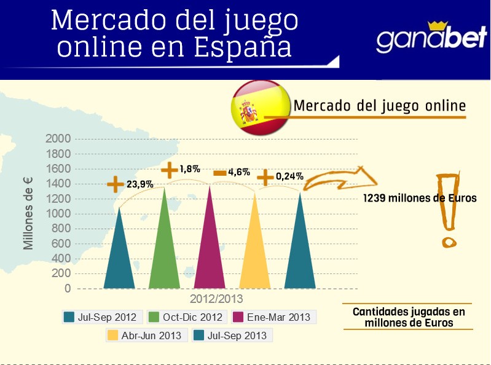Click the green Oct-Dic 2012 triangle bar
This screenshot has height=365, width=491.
[165, 252]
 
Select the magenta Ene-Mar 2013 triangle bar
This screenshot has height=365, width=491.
[210, 252]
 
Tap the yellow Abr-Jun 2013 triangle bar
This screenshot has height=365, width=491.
[254, 252]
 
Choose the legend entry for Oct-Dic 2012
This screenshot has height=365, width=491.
[186, 317]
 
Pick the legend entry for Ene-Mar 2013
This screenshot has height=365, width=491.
[274, 317]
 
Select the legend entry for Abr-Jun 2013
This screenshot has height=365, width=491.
[146, 336]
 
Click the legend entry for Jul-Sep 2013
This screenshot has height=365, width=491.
[232, 336]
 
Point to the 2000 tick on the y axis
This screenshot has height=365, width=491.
[58, 138]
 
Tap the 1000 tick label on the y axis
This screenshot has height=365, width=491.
[58, 213]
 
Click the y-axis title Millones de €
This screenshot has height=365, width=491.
[28, 214]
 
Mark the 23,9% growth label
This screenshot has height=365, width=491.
[139, 184]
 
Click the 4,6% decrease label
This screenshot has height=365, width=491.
[239, 173]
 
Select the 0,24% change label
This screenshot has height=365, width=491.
[289, 176]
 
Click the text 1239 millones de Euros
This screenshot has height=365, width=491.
[420, 198]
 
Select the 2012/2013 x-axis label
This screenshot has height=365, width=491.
[216, 299]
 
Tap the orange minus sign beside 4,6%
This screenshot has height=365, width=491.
[220, 173]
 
